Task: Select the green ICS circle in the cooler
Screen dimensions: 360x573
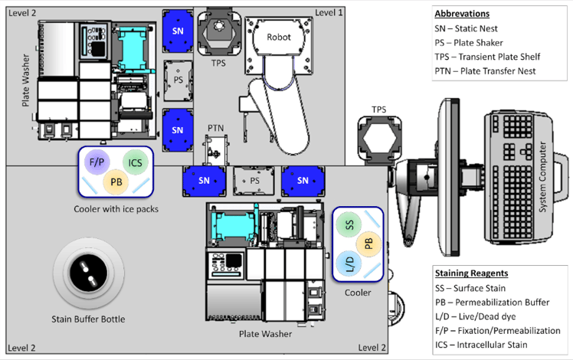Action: [136, 162]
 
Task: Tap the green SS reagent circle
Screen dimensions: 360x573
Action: [349, 224]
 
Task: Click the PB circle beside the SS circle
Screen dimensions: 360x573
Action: [368, 244]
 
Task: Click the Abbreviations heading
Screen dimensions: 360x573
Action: [462, 14]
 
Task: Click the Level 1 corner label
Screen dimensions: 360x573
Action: [329, 12]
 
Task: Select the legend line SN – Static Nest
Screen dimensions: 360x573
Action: [470, 28]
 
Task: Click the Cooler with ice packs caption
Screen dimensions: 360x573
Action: [116, 208]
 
